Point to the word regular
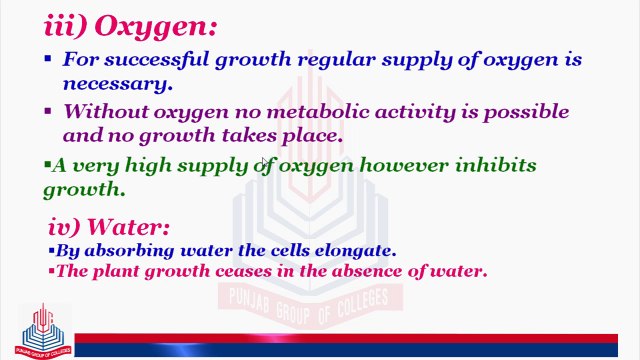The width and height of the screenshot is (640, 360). click(x=325, y=59)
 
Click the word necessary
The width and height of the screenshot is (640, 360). click(x=111, y=83)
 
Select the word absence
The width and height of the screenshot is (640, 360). click(x=393, y=270)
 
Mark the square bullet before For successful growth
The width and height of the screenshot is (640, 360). click(x=48, y=59)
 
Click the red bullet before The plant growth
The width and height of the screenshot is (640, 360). click(x=51, y=270)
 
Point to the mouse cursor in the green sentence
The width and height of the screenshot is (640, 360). click(x=264, y=165)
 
